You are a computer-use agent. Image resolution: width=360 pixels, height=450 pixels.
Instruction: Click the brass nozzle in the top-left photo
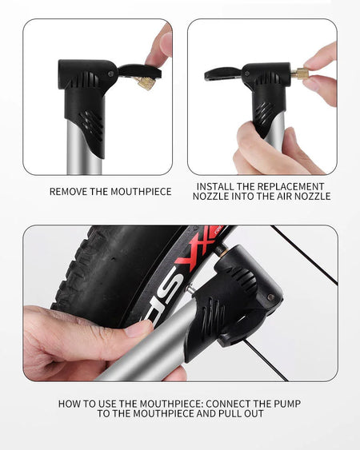tap(146, 83)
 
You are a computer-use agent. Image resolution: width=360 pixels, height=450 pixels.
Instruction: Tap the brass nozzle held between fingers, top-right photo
tap(300, 74)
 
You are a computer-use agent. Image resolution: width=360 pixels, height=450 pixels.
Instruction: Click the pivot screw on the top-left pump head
tap(111, 74)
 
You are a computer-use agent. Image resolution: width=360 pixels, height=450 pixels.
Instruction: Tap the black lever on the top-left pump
tap(139, 71)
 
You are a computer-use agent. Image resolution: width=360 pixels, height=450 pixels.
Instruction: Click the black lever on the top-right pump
tap(223, 74)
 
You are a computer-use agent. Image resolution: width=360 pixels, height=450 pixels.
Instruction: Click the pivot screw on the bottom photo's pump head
tap(270, 297)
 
